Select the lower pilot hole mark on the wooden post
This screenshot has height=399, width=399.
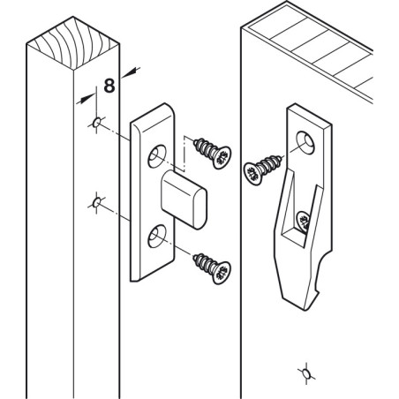coord(95,205)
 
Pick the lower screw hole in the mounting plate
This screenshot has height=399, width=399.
coord(158,234)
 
